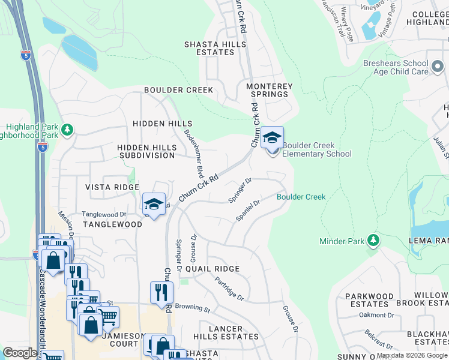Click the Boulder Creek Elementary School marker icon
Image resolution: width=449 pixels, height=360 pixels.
click(272, 139)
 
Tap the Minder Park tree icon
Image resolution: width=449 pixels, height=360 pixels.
click(374, 241)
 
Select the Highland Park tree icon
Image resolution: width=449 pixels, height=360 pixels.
click(67, 130)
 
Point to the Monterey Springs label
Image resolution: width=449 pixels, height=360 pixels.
click(269, 91)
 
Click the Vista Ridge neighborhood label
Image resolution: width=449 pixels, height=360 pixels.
click(112, 187)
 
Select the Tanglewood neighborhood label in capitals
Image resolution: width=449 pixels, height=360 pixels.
click(112, 224)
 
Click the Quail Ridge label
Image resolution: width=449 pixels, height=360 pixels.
click(212, 269)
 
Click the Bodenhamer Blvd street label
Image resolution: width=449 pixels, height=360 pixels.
click(191, 153)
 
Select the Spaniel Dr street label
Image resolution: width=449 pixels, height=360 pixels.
click(247, 211)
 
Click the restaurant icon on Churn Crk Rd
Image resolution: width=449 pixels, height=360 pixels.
click(161, 292)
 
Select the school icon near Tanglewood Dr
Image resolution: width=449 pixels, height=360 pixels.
click(154, 204)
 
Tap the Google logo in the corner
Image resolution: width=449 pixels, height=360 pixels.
click(20, 353)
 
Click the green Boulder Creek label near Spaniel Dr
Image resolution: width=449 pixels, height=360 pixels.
click(301, 197)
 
